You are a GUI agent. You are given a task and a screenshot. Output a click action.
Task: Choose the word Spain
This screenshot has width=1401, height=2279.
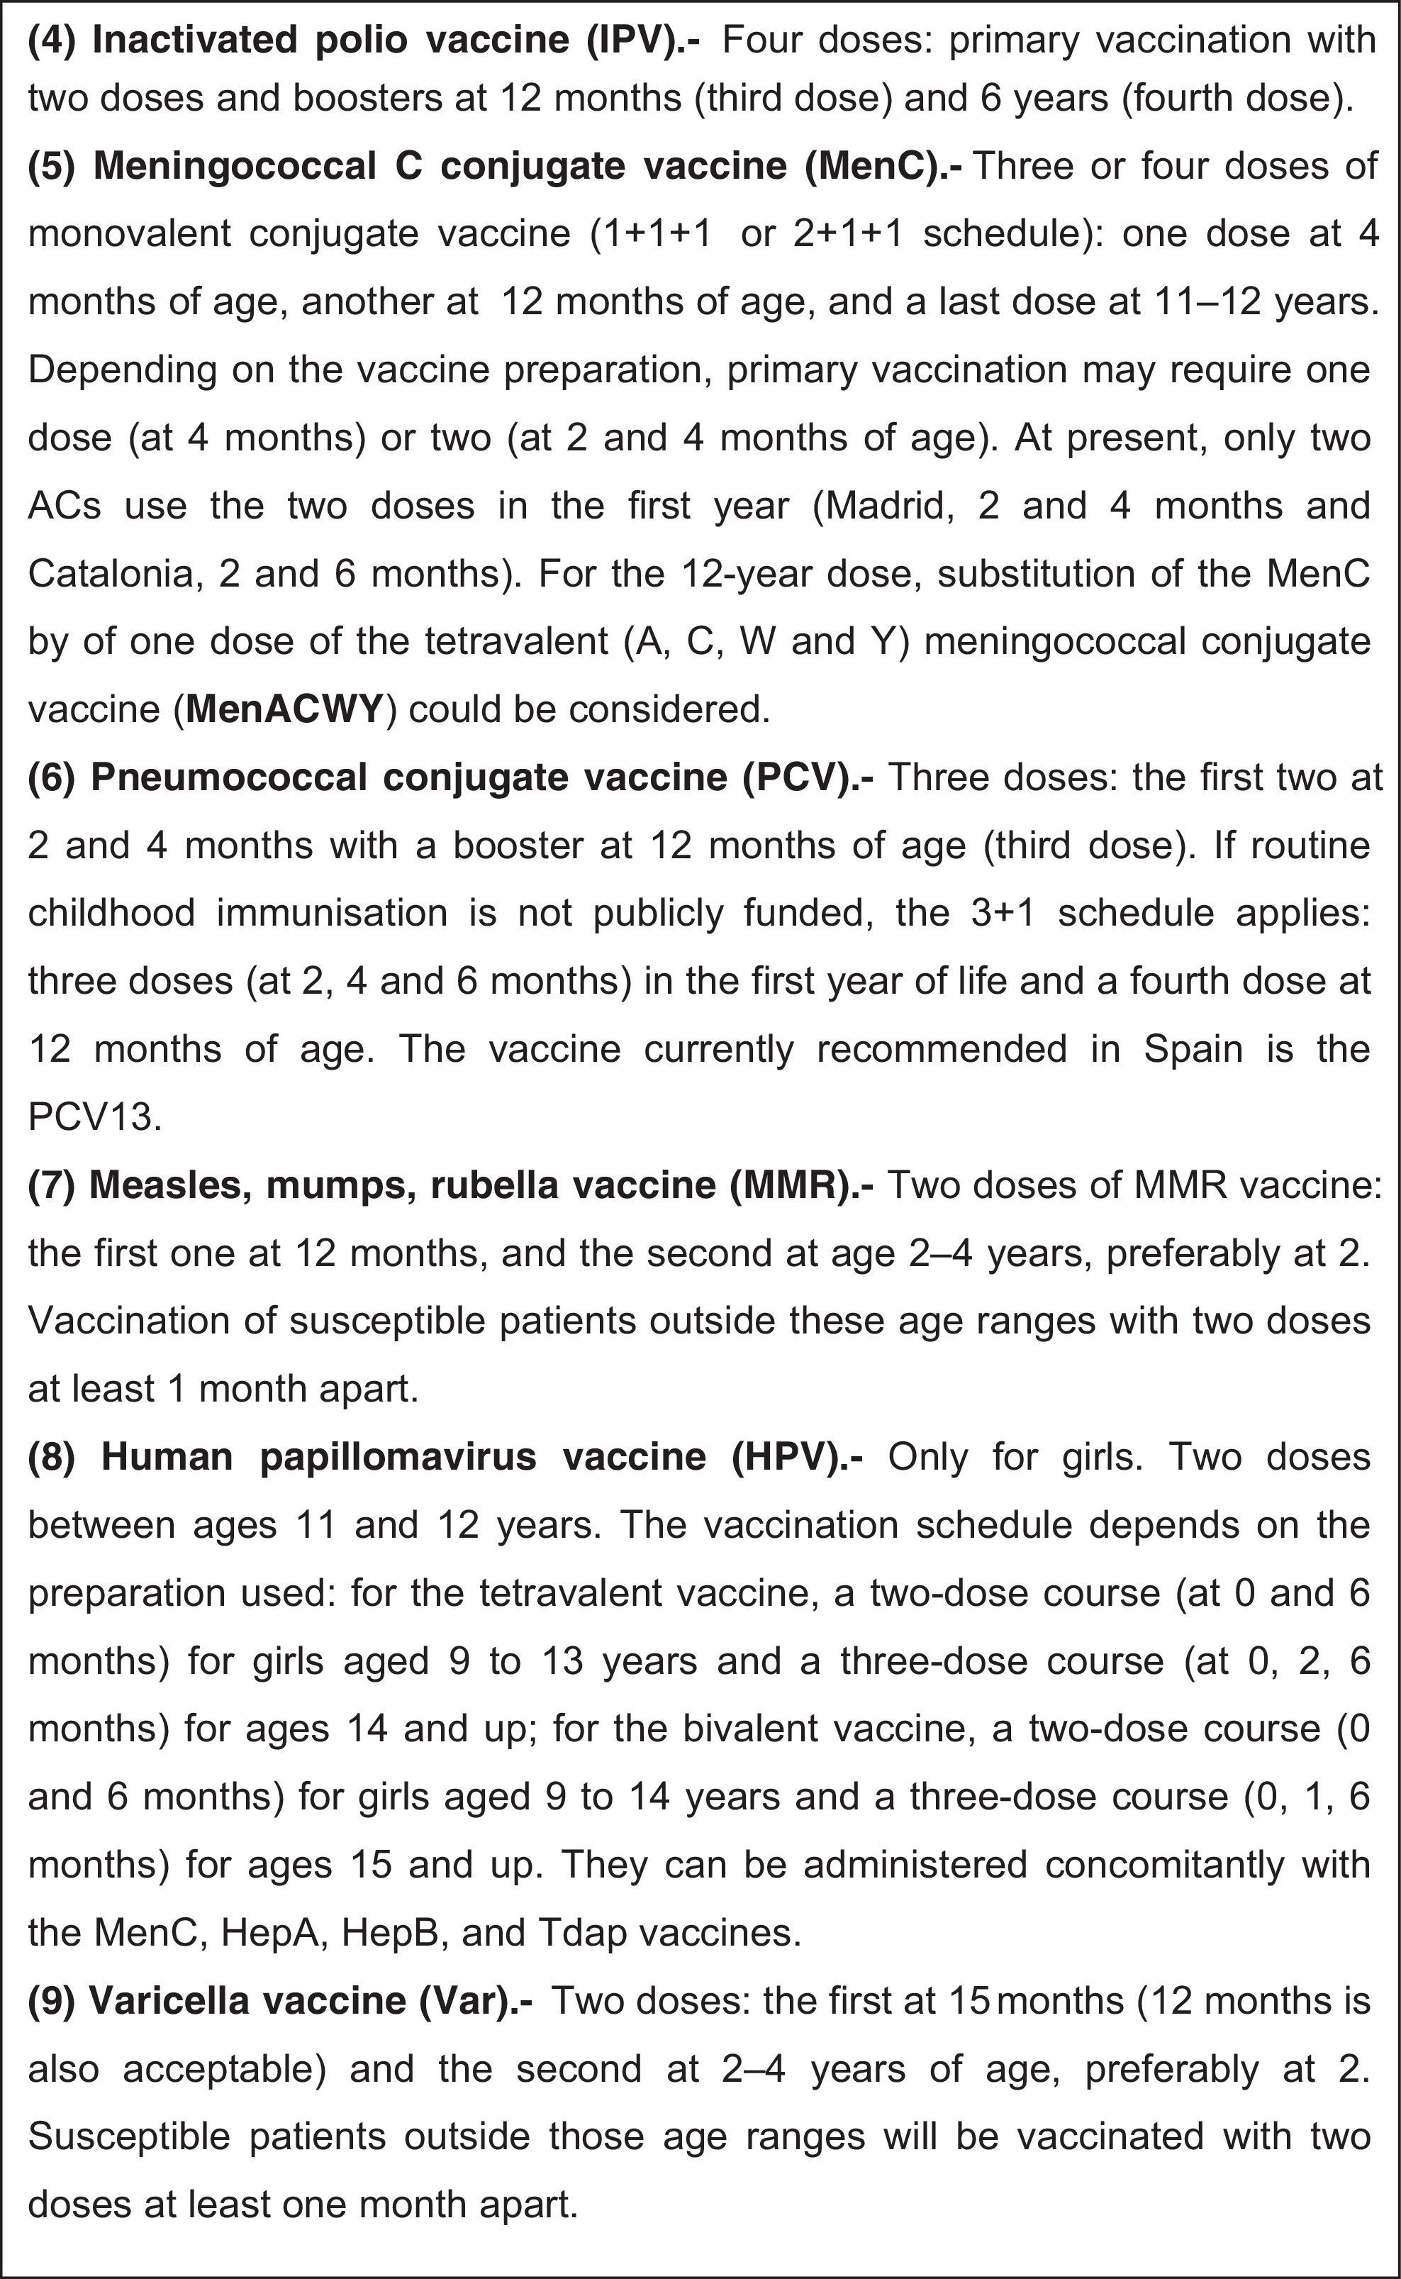point(1192,1049)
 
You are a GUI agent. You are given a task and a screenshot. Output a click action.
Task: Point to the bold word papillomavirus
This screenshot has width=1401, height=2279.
point(398,1457)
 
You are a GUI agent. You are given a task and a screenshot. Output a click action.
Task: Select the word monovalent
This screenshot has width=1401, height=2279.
point(130,233)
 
